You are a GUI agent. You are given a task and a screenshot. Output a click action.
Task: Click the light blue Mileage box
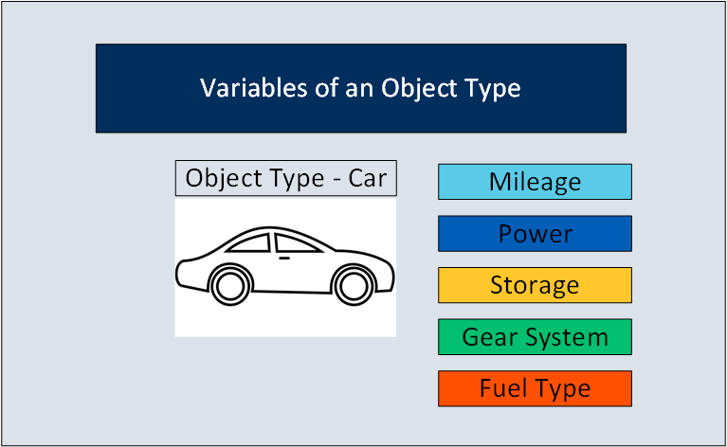pyautogui.click(x=535, y=182)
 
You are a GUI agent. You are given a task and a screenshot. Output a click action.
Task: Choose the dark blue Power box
pyautogui.click(x=535, y=234)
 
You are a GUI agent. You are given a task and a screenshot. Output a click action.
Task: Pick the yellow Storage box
pyautogui.click(x=535, y=285)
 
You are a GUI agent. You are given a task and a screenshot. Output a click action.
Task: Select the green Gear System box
pyautogui.click(x=535, y=337)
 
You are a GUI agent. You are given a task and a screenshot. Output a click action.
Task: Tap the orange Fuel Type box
pyautogui.click(x=535, y=388)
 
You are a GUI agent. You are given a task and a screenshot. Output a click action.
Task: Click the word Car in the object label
pyautogui.click(x=367, y=178)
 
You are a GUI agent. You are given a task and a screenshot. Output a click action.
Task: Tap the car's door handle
pyautogui.click(x=284, y=258)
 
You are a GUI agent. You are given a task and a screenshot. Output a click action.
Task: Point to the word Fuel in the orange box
pyautogui.click(x=500, y=387)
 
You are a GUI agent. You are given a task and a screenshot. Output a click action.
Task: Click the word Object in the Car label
pyautogui.click(x=215, y=179)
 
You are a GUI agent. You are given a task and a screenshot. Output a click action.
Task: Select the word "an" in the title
pyautogui.click(x=359, y=89)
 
